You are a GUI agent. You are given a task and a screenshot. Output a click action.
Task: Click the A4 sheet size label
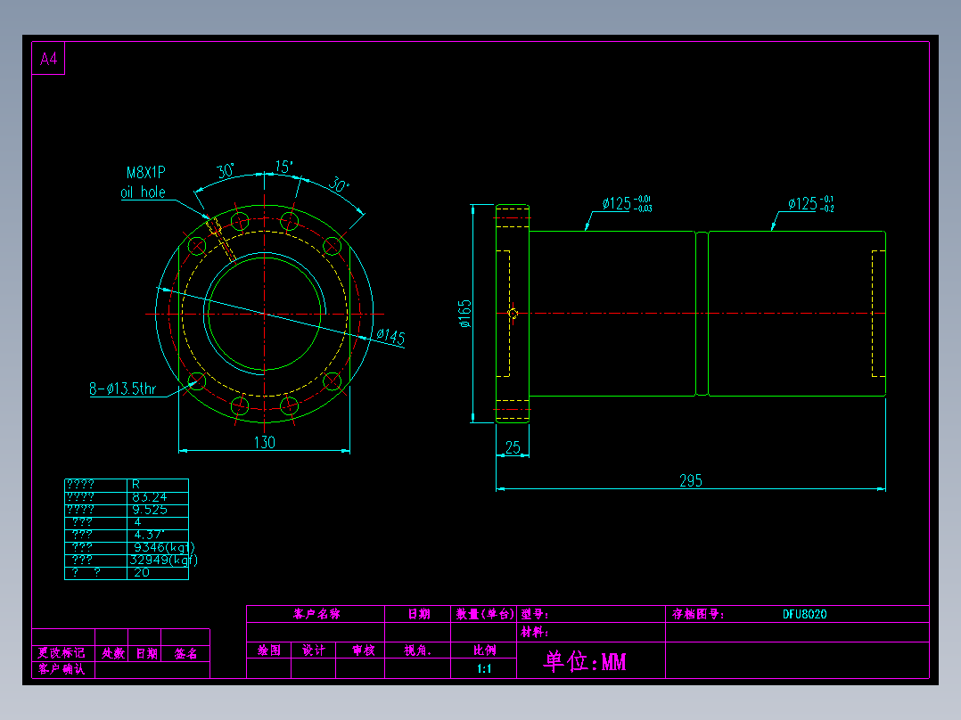[48, 60]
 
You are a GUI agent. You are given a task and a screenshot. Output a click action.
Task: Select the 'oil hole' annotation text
[143, 192]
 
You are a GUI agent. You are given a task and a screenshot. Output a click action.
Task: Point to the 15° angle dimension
[284, 167]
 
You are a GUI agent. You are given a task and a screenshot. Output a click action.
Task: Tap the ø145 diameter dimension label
[390, 337]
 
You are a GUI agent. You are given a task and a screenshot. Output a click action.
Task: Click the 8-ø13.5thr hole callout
[122, 389]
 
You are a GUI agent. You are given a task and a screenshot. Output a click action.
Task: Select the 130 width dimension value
[265, 442]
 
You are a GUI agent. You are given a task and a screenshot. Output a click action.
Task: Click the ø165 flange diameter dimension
[465, 314]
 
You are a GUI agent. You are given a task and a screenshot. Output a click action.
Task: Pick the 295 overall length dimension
[691, 480]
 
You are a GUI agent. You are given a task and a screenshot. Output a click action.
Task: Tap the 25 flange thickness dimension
[513, 447]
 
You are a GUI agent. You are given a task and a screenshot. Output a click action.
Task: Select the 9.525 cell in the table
[151, 510]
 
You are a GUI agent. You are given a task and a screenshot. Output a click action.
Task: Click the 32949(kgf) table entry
[164, 560]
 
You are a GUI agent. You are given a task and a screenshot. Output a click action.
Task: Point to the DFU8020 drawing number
[805, 614]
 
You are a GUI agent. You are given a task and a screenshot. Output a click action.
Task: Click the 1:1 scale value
[484, 668]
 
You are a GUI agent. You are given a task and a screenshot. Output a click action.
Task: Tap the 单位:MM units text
[585, 662]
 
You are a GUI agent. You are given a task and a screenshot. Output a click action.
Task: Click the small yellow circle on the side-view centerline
[513, 313]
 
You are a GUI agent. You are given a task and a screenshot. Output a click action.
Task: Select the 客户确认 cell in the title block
[62, 669]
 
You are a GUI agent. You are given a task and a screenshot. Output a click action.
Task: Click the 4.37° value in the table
[148, 535]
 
